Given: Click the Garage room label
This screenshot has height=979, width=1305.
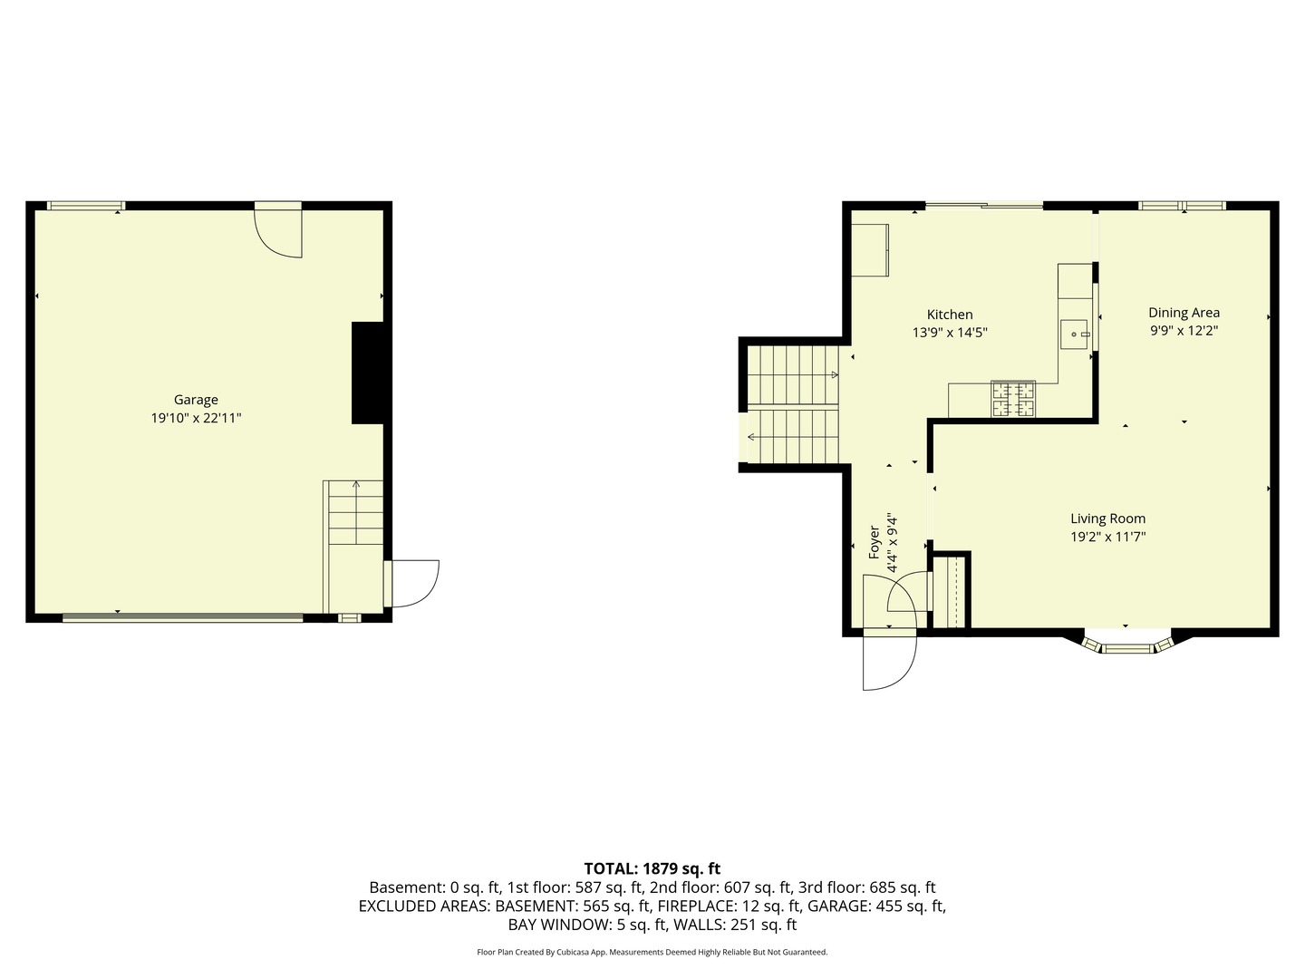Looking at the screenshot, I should click(x=196, y=400).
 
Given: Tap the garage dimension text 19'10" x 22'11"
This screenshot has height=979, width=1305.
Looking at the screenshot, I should click(x=196, y=419).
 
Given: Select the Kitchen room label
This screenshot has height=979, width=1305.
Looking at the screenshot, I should click(x=950, y=315).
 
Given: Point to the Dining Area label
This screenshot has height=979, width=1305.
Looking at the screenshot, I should click(x=1184, y=313).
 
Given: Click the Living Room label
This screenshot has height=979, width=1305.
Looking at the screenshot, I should click(x=1107, y=519).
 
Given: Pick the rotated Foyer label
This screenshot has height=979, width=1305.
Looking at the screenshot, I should click(x=875, y=542).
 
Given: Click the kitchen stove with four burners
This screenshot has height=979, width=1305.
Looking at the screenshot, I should click(x=1013, y=400).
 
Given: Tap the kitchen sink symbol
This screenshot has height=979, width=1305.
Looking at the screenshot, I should click(x=1075, y=334).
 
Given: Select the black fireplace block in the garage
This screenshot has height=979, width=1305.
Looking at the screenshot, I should click(x=367, y=373).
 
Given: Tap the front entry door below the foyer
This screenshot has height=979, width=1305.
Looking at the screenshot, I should click(x=889, y=660).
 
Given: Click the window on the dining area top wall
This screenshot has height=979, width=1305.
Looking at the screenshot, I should click(x=1183, y=206).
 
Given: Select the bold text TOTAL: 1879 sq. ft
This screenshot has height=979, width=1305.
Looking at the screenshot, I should click(x=652, y=868).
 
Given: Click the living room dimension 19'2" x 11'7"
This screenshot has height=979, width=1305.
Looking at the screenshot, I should click(x=1107, y=538).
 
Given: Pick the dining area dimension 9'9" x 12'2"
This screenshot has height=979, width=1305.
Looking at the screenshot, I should click(x=1184, y=332).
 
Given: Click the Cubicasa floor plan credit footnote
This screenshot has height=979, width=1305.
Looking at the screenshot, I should click(x=652, y=952).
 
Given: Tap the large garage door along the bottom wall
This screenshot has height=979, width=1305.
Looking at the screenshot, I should click(x=182, y=618).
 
